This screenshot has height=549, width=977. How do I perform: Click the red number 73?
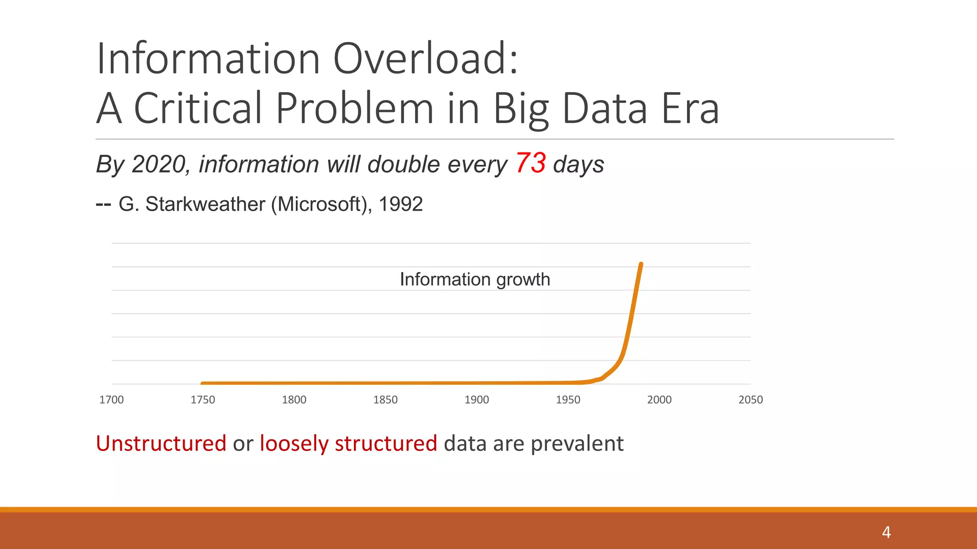coord(530,163)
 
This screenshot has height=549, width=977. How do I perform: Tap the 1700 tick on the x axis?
coord(111,400)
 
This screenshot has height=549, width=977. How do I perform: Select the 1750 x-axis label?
coord(203,400)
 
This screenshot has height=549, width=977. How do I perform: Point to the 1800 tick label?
coord(294,400)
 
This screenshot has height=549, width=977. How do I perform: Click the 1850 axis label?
coord(385,400)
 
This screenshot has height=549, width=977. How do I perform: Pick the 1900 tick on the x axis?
coord(477,400)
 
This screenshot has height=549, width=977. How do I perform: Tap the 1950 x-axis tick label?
coord(568,400)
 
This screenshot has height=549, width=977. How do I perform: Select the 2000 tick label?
coord(659,400)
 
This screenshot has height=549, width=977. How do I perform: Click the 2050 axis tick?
coord(750,400)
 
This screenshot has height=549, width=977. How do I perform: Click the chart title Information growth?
coord(475,279)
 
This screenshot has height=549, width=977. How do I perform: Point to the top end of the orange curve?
coord(641,264)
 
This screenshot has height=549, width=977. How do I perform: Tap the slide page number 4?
coord(886,532)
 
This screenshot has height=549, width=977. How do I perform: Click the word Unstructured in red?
coord(161,443)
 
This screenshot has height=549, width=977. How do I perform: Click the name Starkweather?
coord(205,204)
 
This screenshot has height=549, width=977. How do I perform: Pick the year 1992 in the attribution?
coord(400,204)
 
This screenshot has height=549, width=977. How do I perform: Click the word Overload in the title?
coord(425,59)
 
